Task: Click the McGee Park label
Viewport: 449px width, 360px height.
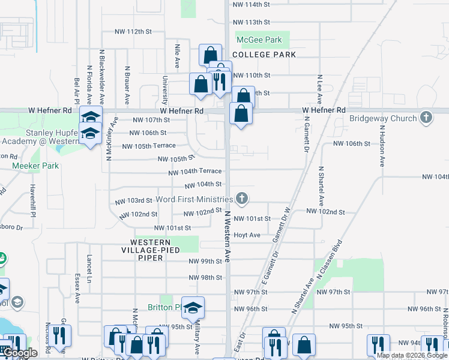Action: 259,40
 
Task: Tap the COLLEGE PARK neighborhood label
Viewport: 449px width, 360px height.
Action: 264,55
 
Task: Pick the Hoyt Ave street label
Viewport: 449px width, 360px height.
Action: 247,235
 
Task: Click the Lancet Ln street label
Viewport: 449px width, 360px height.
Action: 88,268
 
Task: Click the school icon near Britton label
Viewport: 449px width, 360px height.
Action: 193,308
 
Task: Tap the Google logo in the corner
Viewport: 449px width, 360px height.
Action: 20,353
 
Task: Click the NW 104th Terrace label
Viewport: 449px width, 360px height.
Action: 198,171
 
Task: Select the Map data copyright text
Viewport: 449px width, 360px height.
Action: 412,355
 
